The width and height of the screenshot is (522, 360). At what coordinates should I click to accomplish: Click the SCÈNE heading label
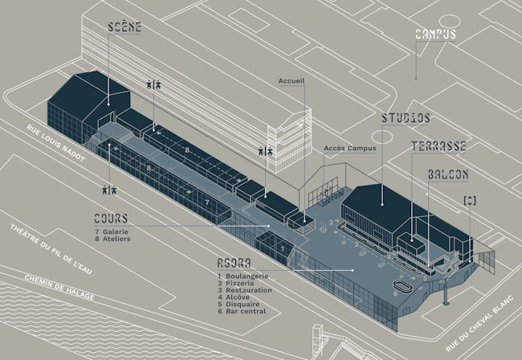coord(124,27)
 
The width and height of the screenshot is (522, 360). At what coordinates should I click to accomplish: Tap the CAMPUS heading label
coord(435,34)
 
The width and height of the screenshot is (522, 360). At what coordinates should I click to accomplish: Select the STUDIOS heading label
coord(406,118)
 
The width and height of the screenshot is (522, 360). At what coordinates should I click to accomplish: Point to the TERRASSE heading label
coord(438,146)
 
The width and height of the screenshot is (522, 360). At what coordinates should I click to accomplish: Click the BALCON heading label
coord(448,174)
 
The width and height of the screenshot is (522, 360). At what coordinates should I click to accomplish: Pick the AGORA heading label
coord(234,263)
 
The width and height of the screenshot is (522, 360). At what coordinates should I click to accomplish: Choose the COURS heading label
coord(111,219)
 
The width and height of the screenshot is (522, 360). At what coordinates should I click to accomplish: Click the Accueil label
coord(292,81)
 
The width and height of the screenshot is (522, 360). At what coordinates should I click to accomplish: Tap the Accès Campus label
coord(350,148)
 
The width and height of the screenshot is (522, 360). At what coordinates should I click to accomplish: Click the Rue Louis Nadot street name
coord(55,143)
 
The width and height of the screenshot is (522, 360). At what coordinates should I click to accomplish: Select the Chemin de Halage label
coord(59,288)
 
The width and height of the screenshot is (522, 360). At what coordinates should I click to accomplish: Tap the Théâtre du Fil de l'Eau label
coord(51,249)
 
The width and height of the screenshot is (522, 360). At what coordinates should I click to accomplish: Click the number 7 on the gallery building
coord(207,202)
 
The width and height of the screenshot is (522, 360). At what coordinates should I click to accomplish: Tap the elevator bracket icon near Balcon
coord(470,200)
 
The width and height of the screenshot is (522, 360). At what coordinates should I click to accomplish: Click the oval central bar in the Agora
coord(403,286)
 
